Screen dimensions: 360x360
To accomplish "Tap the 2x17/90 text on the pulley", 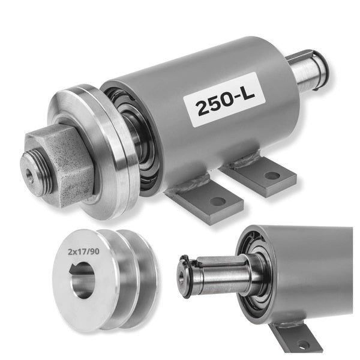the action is tap(83, 252).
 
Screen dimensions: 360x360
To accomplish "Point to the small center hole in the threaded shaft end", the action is tap(29, 173).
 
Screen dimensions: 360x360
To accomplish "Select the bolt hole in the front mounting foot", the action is tap(218, 202).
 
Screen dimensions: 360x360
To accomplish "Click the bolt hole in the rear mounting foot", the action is tap(272, 176).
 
